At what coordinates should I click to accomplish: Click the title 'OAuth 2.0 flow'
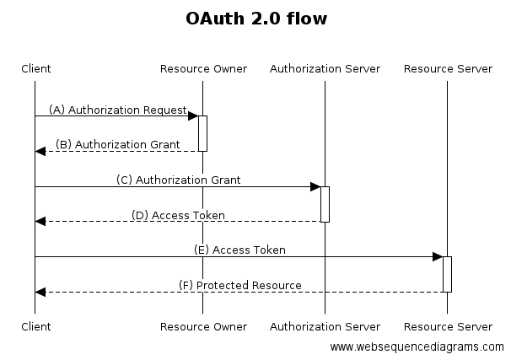pos(255,18)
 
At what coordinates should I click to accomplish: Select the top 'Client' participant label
pos(35,68)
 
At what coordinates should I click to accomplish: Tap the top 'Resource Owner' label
pos(203,68)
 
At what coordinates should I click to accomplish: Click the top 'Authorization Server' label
pos(325,68)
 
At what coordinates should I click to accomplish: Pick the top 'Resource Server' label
pos(448,68)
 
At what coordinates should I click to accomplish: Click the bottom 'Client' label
pos(35,326)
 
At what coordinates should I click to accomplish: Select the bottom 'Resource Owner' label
pos(203,326)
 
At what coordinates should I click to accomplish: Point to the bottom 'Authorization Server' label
pos(325,326)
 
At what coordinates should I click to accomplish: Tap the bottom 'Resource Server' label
pos(448,326)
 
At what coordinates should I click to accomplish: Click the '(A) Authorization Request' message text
pos(117,110)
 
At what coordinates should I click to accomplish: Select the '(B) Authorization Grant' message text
pos(118,144)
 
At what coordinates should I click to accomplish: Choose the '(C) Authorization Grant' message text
pos(179,180)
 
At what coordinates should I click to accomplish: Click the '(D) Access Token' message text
pos(178,215)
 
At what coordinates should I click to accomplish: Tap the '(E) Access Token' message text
pos(239,250)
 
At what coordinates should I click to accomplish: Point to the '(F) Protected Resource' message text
pos(240,285)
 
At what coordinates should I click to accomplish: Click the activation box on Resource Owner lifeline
pos(202,133)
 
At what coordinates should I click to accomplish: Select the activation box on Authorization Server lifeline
pos(325,204)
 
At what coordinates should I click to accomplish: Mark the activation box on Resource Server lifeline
pos(447,274)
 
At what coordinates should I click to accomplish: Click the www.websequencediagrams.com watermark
pos(417,347)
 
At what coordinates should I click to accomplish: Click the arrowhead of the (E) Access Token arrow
pos(437,256)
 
